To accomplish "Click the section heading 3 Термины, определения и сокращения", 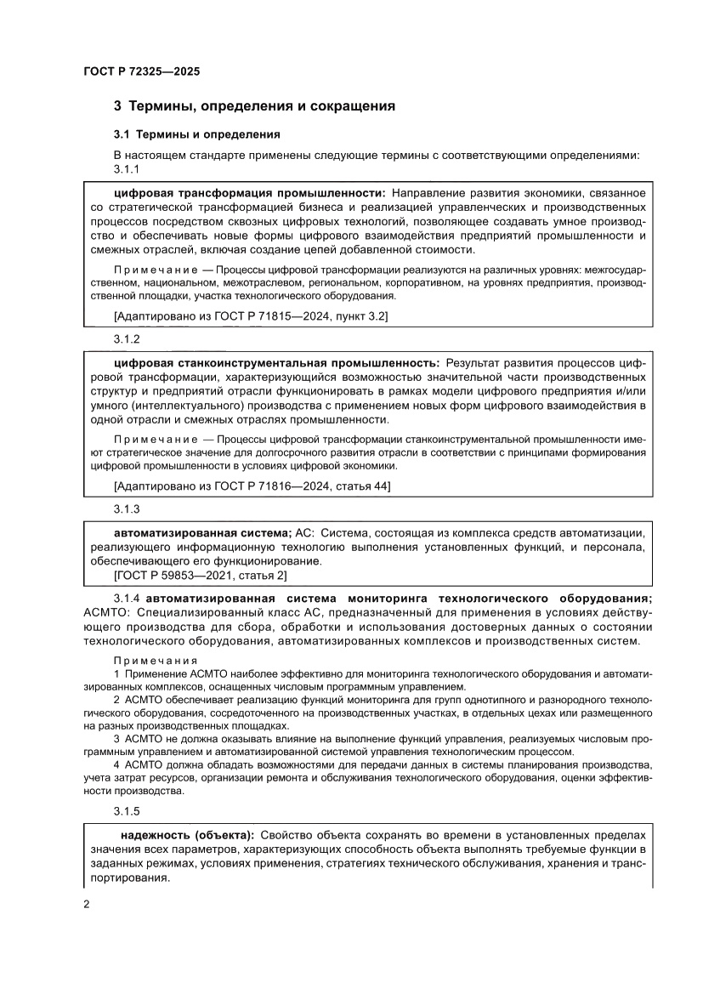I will pyautogui.click(x=255, y=107).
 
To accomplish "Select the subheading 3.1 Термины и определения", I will pyautogui.click(x=197, y=134).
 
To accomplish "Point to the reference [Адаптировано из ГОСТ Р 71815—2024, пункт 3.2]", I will pyautogui.click(x=251, y=315).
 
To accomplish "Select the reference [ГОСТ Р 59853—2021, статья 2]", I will pyautogui.click(x=200, y=576).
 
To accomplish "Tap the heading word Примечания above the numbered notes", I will pyautogui.click(x=155, y=661).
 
